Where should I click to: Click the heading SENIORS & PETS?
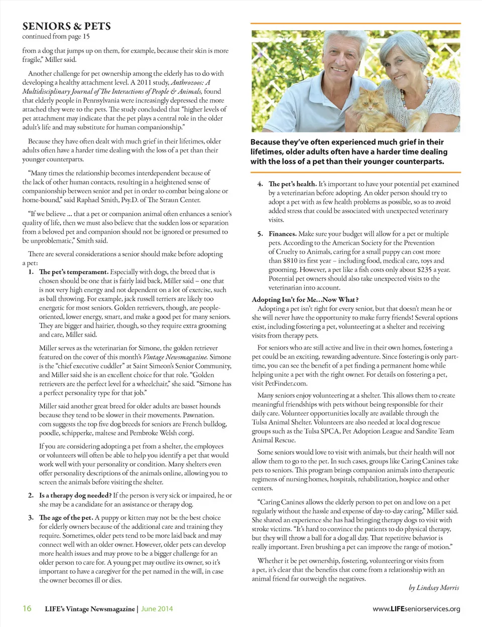[66, 26]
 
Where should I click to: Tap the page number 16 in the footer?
[27, 608]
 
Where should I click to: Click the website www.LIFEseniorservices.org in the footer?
[416, 609]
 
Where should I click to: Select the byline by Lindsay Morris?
[434, 587]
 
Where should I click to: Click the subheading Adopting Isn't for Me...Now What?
[305, 299]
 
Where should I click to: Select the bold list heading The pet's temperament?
[73, 272]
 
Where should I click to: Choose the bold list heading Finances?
[282, 234]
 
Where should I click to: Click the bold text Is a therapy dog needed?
[75, 495]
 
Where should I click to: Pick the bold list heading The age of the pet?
[66, 518]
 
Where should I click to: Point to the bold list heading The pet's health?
[292, 184]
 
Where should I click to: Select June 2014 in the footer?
[157, 609]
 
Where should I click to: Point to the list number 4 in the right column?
[260, 184]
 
